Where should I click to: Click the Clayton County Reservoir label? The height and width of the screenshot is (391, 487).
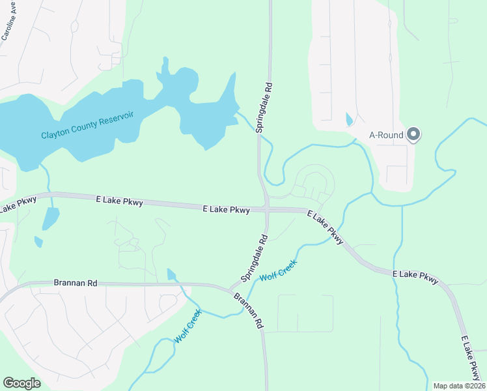pyautogui.click(x=87, y=125)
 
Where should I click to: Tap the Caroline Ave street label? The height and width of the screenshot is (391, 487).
pyautogui.click(x=9, y=25)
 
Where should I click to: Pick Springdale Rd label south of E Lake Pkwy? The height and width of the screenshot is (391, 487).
pyautogui.click(x=255, y=259)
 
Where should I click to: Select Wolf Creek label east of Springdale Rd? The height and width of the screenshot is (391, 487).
pyautogui.click(x=278, y=270)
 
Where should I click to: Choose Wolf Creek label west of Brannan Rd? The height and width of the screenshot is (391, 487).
pyautogui.click(x=188, y=326)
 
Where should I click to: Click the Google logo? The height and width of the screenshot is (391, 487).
pyautogui.click(x=21, y=383)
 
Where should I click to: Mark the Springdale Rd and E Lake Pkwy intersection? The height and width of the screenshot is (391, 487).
pyautogui.click(x=267, y=209)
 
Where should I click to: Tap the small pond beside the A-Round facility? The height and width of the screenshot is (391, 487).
pyautogui.click(x=349, y=120)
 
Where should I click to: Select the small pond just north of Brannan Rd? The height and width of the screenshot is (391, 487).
pyautogui.click(x=171, y=274)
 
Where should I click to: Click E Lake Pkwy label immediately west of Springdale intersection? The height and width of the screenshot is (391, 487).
pyautogui.click(x=227, y=210)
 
